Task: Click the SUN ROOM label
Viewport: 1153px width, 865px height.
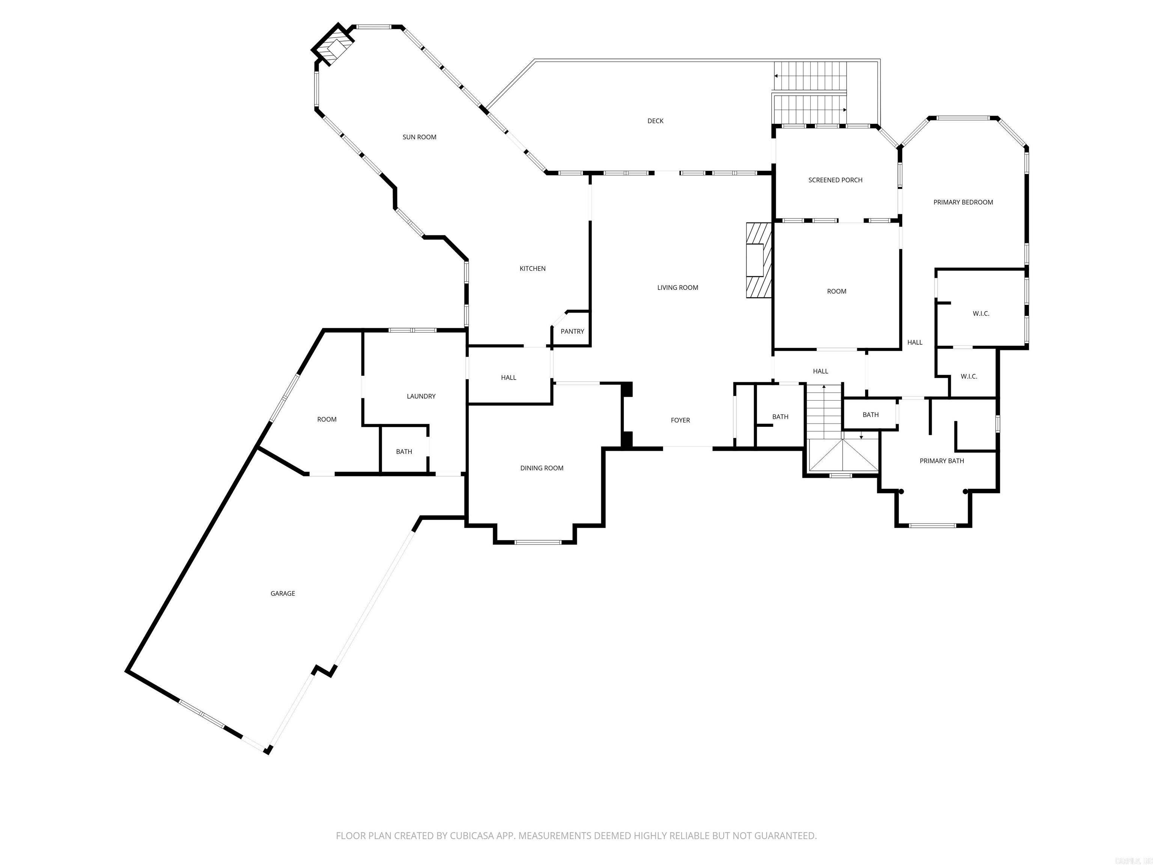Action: click(419, 137)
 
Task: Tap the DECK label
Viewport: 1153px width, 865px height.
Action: click(655, 121)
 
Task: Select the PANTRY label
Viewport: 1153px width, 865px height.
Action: click(572, 332)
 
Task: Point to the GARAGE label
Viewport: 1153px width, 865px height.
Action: click(283, 593)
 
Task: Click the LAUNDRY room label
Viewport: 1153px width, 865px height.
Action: click(421, 396)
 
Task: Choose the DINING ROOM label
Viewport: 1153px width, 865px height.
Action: click(542, 468)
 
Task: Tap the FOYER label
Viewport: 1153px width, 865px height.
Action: click(680, 420)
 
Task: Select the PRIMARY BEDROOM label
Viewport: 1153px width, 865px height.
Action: click(963, 202)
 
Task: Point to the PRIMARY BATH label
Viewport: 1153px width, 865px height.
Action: click(941, 461)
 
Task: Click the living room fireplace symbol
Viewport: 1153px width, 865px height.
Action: click(759, 260)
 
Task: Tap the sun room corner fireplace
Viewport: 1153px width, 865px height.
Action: click(334, 48)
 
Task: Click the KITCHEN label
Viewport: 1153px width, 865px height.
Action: click(532, 268)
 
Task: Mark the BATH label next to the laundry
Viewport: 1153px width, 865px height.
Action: click(404, 452)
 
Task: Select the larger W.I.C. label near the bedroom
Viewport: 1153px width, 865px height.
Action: click(980, 314)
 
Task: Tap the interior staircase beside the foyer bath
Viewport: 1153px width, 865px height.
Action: click(824, 412)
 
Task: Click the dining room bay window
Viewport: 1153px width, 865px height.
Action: click(537, 542)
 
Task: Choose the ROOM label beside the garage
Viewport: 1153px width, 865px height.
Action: click(327, 420)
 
